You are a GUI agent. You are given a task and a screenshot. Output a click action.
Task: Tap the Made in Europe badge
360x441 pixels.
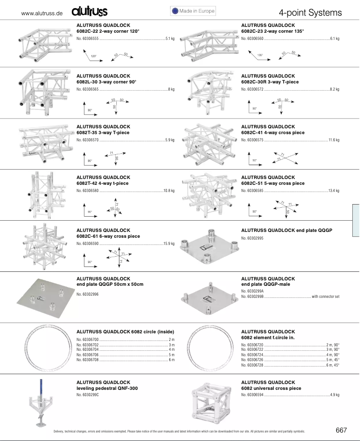[193, 11]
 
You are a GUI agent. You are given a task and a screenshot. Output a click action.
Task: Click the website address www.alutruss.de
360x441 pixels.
[42, 13]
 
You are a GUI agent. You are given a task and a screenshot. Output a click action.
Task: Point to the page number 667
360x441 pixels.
[341, 430]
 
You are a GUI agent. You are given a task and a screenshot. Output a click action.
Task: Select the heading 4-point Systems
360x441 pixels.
[310, 13]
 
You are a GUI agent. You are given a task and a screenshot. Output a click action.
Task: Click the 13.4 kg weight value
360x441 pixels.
[334, 191]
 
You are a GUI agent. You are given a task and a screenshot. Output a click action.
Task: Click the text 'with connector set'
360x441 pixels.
[325, 297]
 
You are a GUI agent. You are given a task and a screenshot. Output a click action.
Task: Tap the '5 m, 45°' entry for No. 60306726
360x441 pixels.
[333, 360]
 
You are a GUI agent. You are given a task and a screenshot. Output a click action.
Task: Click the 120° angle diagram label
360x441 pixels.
[93, 56]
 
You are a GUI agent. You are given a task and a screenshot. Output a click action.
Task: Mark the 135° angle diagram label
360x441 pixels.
[259, 55]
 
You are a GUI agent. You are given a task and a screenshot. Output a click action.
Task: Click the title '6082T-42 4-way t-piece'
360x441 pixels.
[102, 183]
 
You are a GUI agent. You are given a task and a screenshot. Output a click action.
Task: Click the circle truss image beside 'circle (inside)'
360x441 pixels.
[43, 348]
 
